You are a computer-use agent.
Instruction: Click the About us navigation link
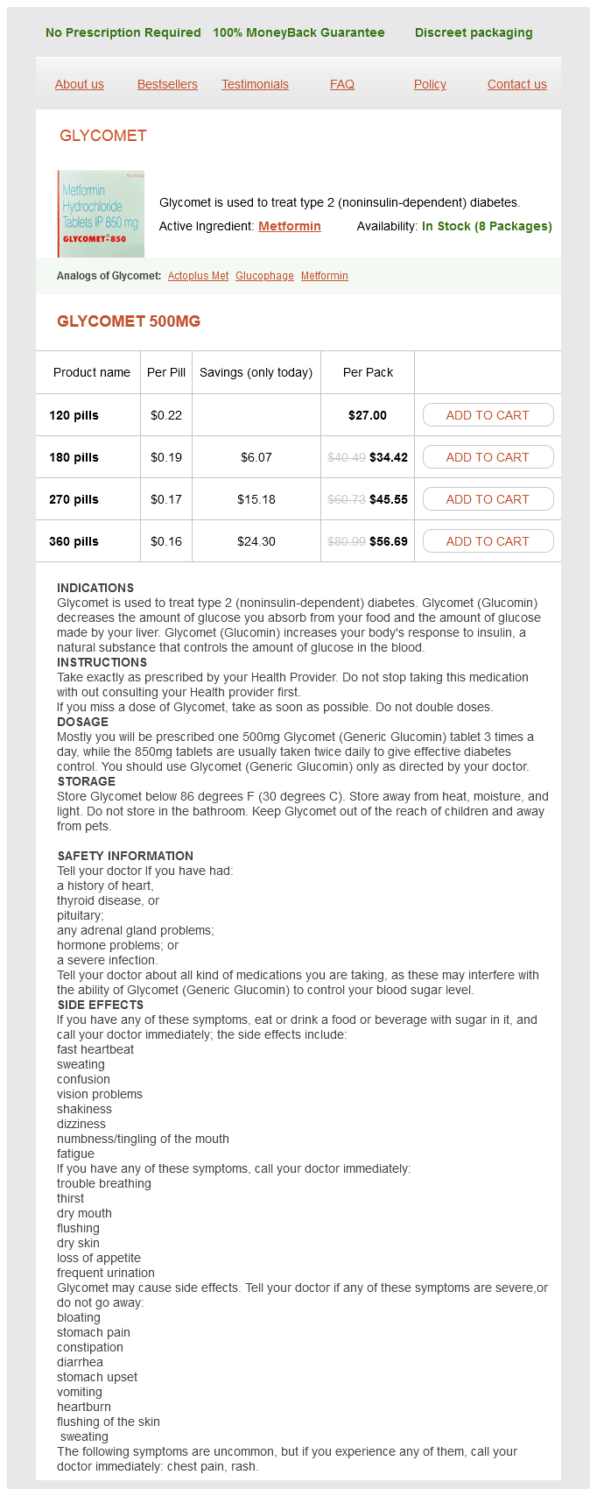click(80, 84)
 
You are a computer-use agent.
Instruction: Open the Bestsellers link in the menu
click(167, 84)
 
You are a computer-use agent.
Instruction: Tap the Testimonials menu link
click(255, 84)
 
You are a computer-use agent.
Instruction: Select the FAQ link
click(342, 84)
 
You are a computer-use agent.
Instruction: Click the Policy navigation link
click(430, 84)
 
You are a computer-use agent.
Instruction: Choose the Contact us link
click(517, 84)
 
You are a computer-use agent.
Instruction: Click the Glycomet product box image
click(101, 214)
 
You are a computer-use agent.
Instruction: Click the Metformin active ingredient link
click(290, 226)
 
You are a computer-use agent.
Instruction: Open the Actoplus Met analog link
click(198, 276)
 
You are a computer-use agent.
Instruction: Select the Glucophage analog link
click(264, 276)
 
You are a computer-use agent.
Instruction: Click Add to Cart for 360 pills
click(488, 541)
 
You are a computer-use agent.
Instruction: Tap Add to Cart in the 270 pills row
click(488, 499)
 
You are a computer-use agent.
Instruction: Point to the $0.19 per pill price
click(166, 457)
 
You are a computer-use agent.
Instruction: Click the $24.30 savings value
click(256, 541)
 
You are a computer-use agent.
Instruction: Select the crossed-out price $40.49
click(347, 457)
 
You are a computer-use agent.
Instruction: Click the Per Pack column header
click(368, 372)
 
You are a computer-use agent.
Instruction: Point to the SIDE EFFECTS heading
click(100, 1005)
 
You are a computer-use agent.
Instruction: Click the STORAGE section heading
click(86, 781)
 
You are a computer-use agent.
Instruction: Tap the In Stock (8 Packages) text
click(487, 226)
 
